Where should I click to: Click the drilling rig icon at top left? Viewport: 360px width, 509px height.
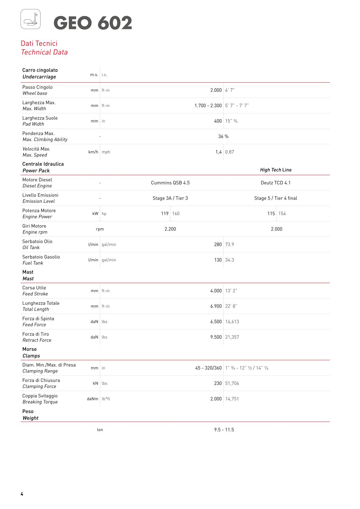coord(31,19)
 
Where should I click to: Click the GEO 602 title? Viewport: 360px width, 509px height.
coord(93,23)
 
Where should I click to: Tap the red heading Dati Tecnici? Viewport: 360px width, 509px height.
coord(39,43)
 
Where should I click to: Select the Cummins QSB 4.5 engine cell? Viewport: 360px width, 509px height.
coord(170,183)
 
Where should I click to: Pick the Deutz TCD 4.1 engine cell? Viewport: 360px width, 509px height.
coord(276,183)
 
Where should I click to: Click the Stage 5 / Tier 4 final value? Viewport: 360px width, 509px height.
coord(276,198)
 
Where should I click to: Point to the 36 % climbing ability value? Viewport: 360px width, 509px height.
coord(223,136)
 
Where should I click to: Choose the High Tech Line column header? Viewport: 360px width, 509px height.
coord(276,170)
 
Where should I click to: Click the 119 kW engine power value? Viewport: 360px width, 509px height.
coord(165,214)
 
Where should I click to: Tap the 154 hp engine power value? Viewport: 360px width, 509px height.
coord(282,214)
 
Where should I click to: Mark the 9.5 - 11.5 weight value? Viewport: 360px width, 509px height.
coord(224,429)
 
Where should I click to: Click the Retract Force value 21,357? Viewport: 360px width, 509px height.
coord(232,337)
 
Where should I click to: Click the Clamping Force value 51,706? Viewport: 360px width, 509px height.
coord(232,383)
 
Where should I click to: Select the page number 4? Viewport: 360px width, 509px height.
coord(22,494)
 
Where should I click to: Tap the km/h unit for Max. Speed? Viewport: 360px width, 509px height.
coord(93,152)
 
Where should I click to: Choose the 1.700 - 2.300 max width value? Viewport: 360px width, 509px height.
coord(208,106)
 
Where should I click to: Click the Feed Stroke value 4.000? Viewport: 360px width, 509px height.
coord(216,291)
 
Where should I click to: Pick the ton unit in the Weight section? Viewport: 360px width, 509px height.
coord(100,429)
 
